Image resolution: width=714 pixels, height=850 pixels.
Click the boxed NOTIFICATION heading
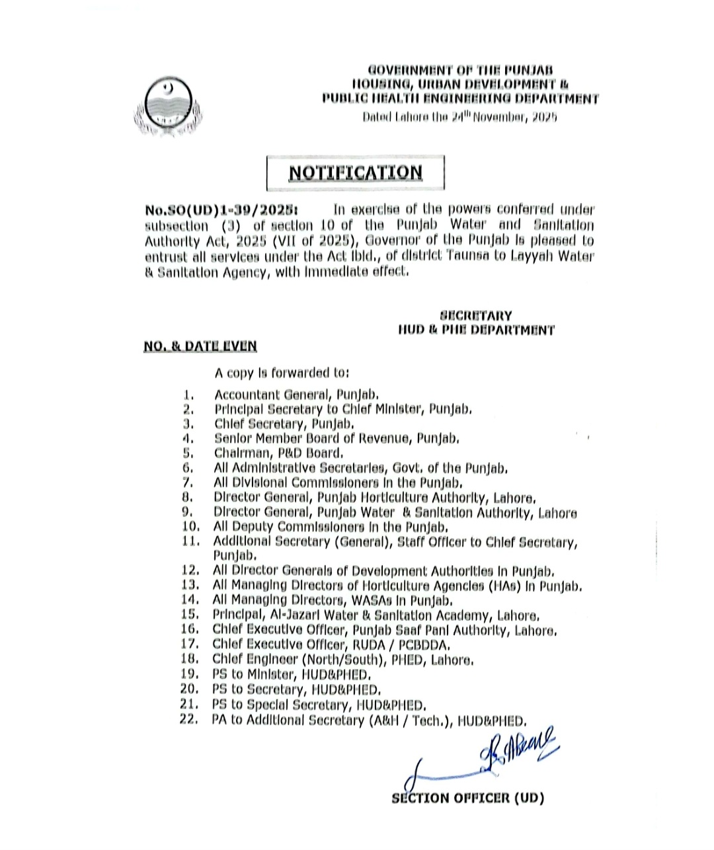[355, 173]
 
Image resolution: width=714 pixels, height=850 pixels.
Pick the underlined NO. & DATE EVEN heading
[200, 346]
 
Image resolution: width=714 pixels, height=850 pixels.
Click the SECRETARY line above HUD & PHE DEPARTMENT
[475, 316]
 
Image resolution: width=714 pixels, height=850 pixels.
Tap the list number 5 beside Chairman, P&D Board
[188, 453]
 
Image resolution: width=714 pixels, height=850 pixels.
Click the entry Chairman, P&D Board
[278, 453]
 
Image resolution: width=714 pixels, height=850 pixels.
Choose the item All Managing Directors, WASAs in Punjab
[333, 600]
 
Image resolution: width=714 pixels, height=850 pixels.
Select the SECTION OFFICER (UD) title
[467, 798]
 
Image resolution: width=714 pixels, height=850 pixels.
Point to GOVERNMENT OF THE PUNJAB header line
[460, 69]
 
